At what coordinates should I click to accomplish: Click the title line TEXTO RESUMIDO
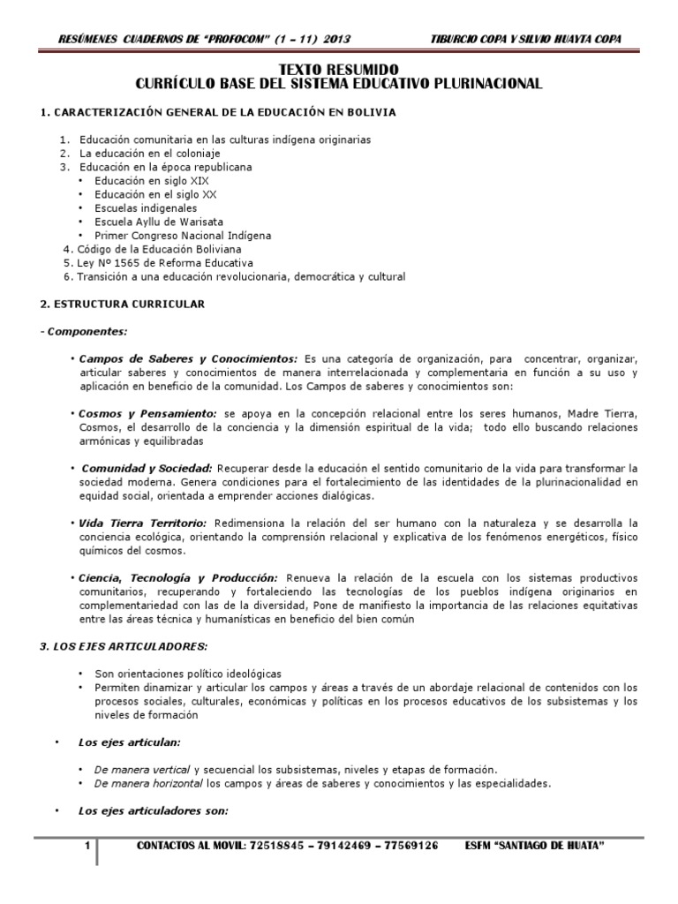pos(339,69)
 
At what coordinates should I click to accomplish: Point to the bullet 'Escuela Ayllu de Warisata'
pos(155,222)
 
